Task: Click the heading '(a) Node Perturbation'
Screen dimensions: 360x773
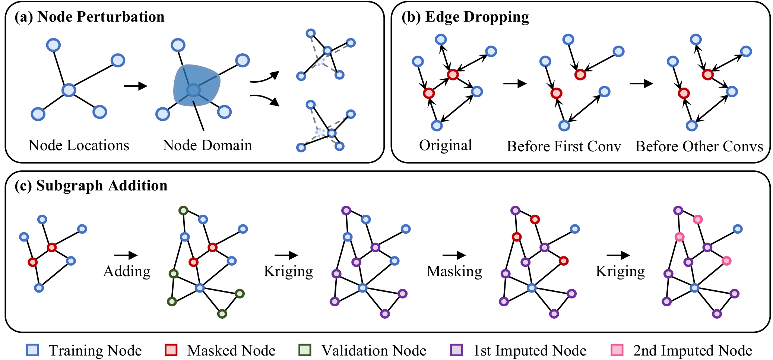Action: [89, 17]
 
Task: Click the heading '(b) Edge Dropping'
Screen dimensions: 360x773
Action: [465, 17]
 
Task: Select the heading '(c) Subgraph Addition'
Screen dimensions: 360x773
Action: [91, 186]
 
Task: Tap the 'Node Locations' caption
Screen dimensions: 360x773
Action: [79, 145]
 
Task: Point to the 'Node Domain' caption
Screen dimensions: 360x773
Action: [207, 145]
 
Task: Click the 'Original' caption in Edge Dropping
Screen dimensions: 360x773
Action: [445, 145]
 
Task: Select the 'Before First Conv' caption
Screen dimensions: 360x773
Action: [564, 146]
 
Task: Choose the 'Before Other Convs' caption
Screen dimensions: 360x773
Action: [699, 146]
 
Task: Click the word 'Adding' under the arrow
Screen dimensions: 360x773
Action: [127, 271]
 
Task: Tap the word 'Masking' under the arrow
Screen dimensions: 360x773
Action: [454, 271]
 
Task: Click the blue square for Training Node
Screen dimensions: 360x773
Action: [32, 350]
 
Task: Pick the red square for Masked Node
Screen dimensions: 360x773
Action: [171, 350]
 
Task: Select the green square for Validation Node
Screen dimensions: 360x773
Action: [305, 350]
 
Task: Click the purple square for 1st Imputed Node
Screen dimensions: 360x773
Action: [456, 350]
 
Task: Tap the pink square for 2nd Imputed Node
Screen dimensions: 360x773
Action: [617, 350]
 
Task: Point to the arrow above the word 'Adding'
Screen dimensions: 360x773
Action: [126, 255]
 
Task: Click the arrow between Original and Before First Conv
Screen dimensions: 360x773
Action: [514, 83]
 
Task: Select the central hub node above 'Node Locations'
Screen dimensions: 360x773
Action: [69, 90]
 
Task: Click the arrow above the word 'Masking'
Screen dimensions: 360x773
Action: [454, 255]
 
